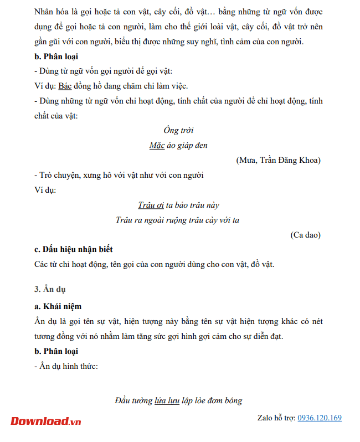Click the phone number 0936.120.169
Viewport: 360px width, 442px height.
point(320,418)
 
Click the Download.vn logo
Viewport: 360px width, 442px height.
point(45,421)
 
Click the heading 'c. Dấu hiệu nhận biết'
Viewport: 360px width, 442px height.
point(73,249)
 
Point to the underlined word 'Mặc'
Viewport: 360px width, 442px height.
point(157,145)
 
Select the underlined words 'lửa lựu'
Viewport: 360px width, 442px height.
point(167,400)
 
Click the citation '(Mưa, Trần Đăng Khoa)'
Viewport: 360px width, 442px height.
point(278,160)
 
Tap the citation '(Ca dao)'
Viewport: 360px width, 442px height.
point(305,235)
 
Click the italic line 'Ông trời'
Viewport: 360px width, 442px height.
point(178,130)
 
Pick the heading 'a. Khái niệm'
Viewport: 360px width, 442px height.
point(58,306)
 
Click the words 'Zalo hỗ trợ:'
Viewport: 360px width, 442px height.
point(276,418)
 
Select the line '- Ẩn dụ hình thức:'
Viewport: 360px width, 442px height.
point(66,366)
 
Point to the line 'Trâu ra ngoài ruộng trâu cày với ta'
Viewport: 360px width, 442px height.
point(177,220)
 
